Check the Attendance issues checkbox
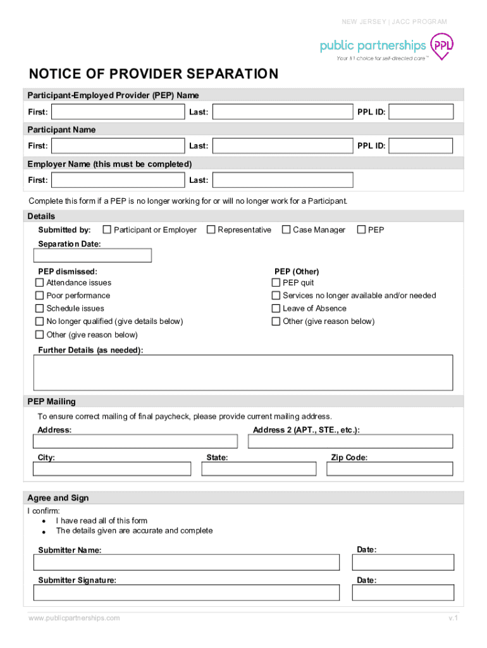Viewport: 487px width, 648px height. click(x=40, y=283)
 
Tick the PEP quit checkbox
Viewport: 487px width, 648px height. click(x=276, y=283)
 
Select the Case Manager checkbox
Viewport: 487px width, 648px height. click(x=286, y=230)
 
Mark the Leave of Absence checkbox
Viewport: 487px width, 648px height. click(x=276, y=309)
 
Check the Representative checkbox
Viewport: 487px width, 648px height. click(x=211, y=230)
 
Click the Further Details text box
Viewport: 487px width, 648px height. click(x=243, y=372)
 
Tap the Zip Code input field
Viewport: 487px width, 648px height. click(x=390, y=469)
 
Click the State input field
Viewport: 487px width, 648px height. click(x=259, y=469)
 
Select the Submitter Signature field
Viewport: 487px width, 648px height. click(x=187, y=593)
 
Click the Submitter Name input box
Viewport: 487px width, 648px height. click(x=187, y=563)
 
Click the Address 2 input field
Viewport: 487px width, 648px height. click(x=350, y=442)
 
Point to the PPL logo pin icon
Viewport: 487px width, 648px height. click(x=442, y=46)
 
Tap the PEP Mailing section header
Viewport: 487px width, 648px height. click(x=51, y=402)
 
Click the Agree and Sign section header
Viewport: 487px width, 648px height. click(x=58, y=498)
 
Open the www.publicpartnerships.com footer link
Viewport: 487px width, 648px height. click(x=74, y=618)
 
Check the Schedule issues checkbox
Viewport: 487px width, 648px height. click(x=40, y=309)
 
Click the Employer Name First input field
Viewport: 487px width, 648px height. click(x=118, y=180)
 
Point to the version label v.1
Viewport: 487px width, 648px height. click(x=453, y=618)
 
